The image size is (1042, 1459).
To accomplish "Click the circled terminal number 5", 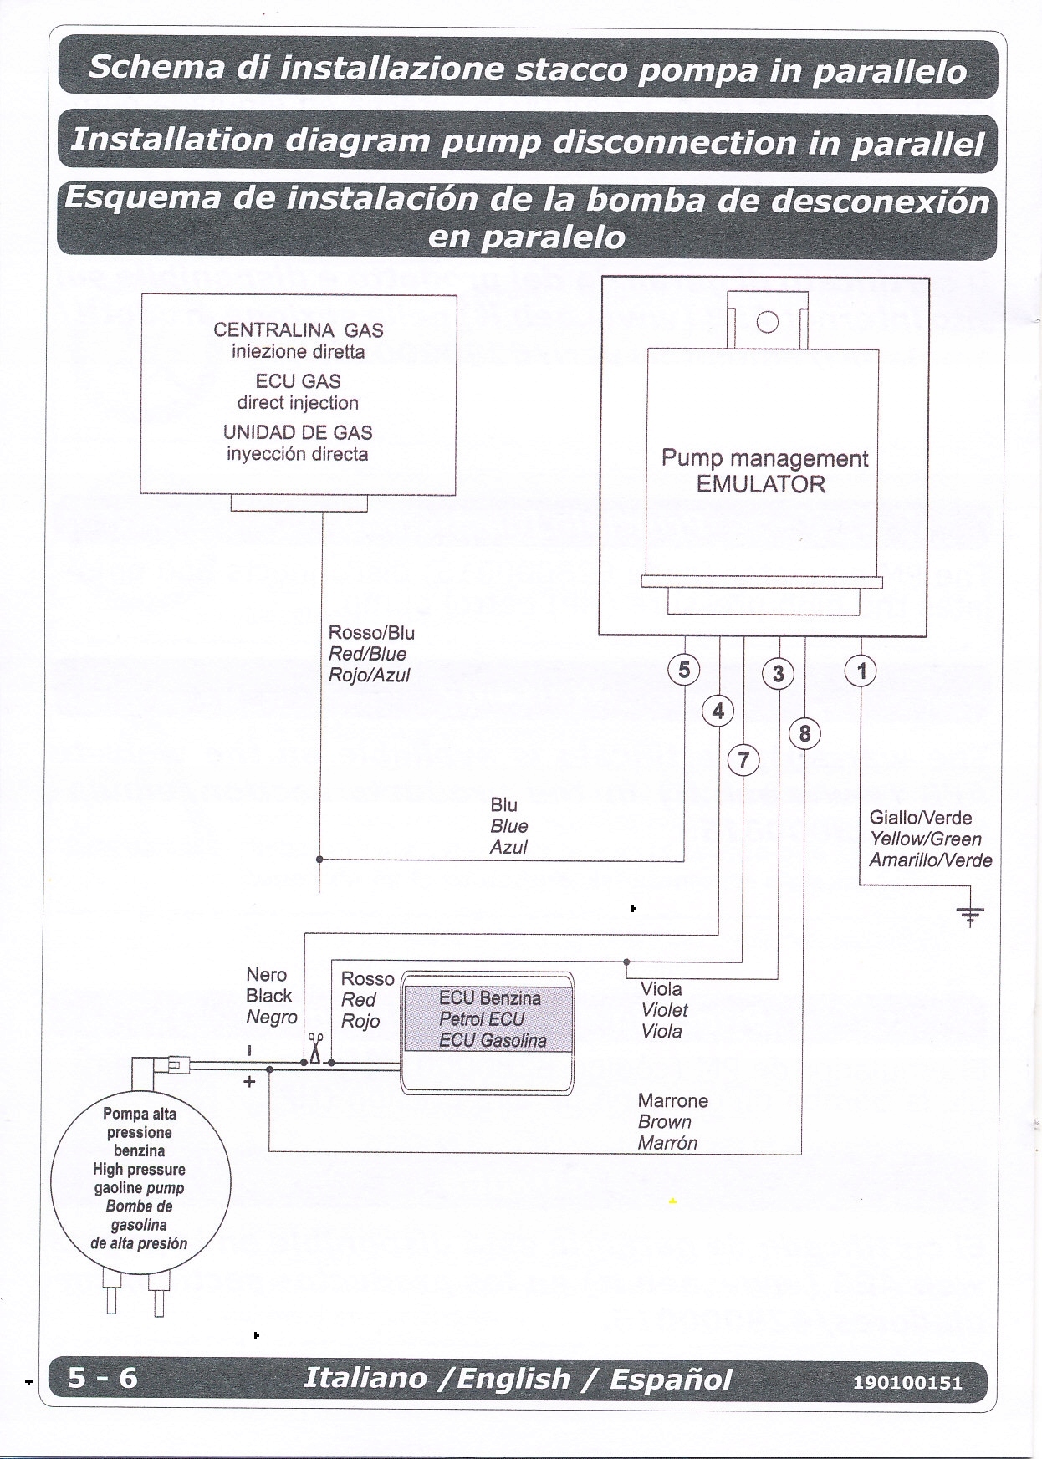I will tap(684, 670).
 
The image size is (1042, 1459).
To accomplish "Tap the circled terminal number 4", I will tap(718, 712).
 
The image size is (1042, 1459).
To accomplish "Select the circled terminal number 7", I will tap(743, 761).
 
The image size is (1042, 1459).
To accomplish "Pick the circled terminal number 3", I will tap(778, 674).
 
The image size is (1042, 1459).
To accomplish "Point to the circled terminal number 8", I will tap(804, 734).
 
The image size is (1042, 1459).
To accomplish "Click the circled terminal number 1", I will tap(861, 671).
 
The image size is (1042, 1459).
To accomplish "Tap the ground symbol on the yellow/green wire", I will tap(970, 916).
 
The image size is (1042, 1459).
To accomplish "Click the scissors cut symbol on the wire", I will tap(315, 1048).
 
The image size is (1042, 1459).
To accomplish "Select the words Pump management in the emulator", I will tap(764, 458).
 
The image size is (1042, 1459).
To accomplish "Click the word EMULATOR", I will tap(760, 484).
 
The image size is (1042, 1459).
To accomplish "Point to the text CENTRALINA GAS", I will tap(298, 329).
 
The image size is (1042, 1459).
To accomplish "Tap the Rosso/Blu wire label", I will tap(371, 633).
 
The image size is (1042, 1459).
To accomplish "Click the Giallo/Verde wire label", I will tap(920, 818).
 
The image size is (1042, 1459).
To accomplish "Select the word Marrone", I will tap(672, 1100).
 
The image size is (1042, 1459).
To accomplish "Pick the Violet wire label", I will tap(664, 1010).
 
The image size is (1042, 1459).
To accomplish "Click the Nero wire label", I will tap(266, 975).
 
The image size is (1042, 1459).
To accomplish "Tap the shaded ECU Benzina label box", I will tap(489, 1018).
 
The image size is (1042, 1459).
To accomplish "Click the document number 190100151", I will tap(907, 1382).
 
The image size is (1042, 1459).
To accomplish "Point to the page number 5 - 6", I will tap(102, 1377).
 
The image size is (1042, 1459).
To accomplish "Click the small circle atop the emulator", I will tap(767, 322).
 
